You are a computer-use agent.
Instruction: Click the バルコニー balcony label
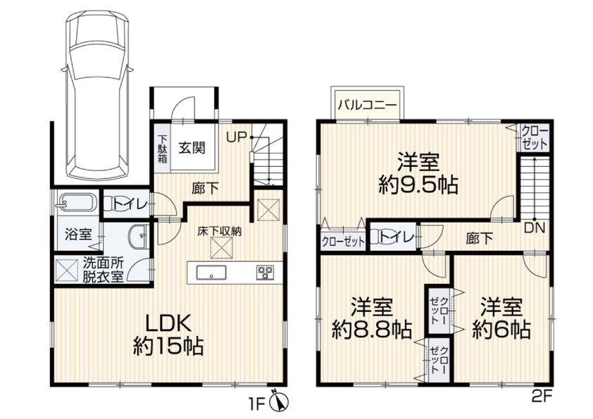(x=368, y=104)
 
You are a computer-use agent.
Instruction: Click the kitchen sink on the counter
(x=211, y=273)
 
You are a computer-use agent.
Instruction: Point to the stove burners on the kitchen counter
(x=265, y=273)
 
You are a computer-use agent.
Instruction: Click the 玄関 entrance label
(x=192, y=147)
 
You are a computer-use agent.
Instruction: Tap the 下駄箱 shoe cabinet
(x=162, y=149)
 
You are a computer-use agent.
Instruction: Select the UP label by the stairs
(x=237, y=137)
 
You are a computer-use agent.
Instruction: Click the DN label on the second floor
(x=535, y=228)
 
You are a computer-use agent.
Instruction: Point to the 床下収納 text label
(x=219, y=232)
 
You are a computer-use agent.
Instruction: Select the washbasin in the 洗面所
(x=137, y=237)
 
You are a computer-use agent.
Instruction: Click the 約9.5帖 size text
(x=418, y=185)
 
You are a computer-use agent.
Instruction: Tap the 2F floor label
(x=542, y=397)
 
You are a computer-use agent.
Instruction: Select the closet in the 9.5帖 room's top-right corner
(x=534, y=137)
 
